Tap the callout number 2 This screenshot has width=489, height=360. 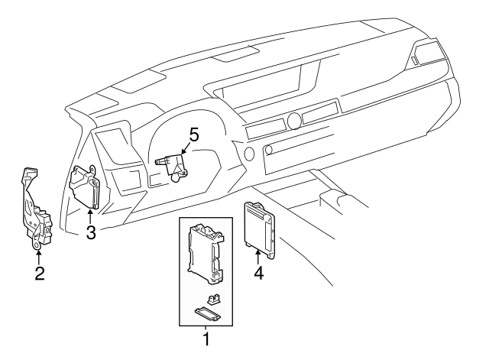click(x=39, y=273)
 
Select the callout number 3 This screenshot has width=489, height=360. click(x=90, y=233)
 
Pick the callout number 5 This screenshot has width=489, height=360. click(x=193, y=136)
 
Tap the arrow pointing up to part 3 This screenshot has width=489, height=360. click(x=90, y=217)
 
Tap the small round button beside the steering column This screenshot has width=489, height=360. click(x=249, y=153)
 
